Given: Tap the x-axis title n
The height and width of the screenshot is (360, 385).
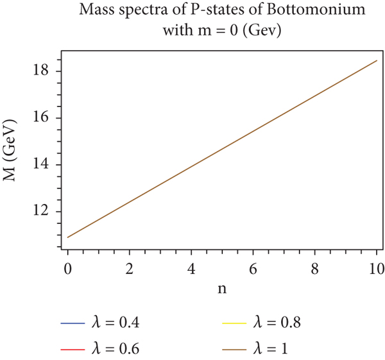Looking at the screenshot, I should coord(221,288).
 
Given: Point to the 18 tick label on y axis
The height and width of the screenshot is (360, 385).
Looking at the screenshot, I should coord(42,71).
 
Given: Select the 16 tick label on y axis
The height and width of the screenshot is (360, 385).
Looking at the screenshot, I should coord(42,118).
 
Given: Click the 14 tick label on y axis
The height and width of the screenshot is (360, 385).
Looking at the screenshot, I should coord(42,165).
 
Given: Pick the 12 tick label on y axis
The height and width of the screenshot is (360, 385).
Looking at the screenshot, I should coord(42,212).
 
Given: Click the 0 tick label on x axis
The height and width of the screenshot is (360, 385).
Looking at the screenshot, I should coord(67,267).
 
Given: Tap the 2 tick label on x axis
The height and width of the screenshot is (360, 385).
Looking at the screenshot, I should coord(129,267).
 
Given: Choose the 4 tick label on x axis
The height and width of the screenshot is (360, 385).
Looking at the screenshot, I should coord(191,267).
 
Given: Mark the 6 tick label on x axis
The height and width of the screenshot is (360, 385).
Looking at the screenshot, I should coord(252,267).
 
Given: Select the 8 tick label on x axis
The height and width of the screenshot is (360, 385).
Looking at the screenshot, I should coord(314,267).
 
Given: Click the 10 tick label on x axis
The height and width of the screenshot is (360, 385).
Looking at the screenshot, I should coord(375,267).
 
